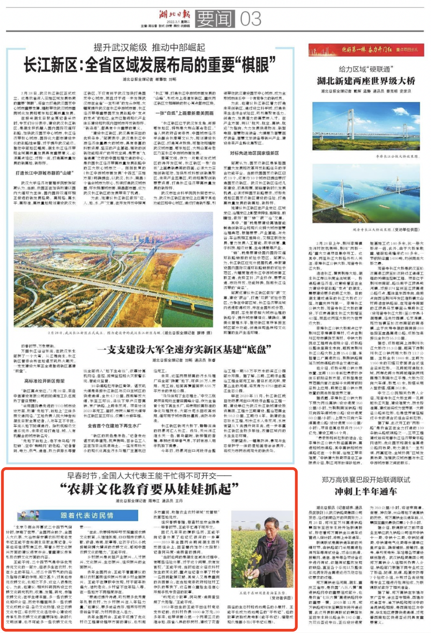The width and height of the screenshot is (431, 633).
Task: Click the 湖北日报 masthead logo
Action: pyautogui.click(x=174, y=14)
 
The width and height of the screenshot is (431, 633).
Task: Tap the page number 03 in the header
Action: pyautogui.click(x=250, y=19)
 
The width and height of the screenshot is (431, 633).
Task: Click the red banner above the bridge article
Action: pyautogui.click(x=366, y=50)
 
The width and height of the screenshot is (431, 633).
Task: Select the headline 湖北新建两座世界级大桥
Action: pyautogui.click(x=366, y=81)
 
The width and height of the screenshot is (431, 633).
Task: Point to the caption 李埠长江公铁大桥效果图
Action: pyautogui.click(x=391, y=157)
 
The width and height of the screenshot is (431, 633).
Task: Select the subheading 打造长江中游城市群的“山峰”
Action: pyautogui.click(x=44, y=173)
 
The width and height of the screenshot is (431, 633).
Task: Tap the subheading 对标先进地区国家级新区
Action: pyautogui.click(x=254, y=153)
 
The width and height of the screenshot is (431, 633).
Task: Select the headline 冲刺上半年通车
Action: pyautogui.click(x=366, y=491)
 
